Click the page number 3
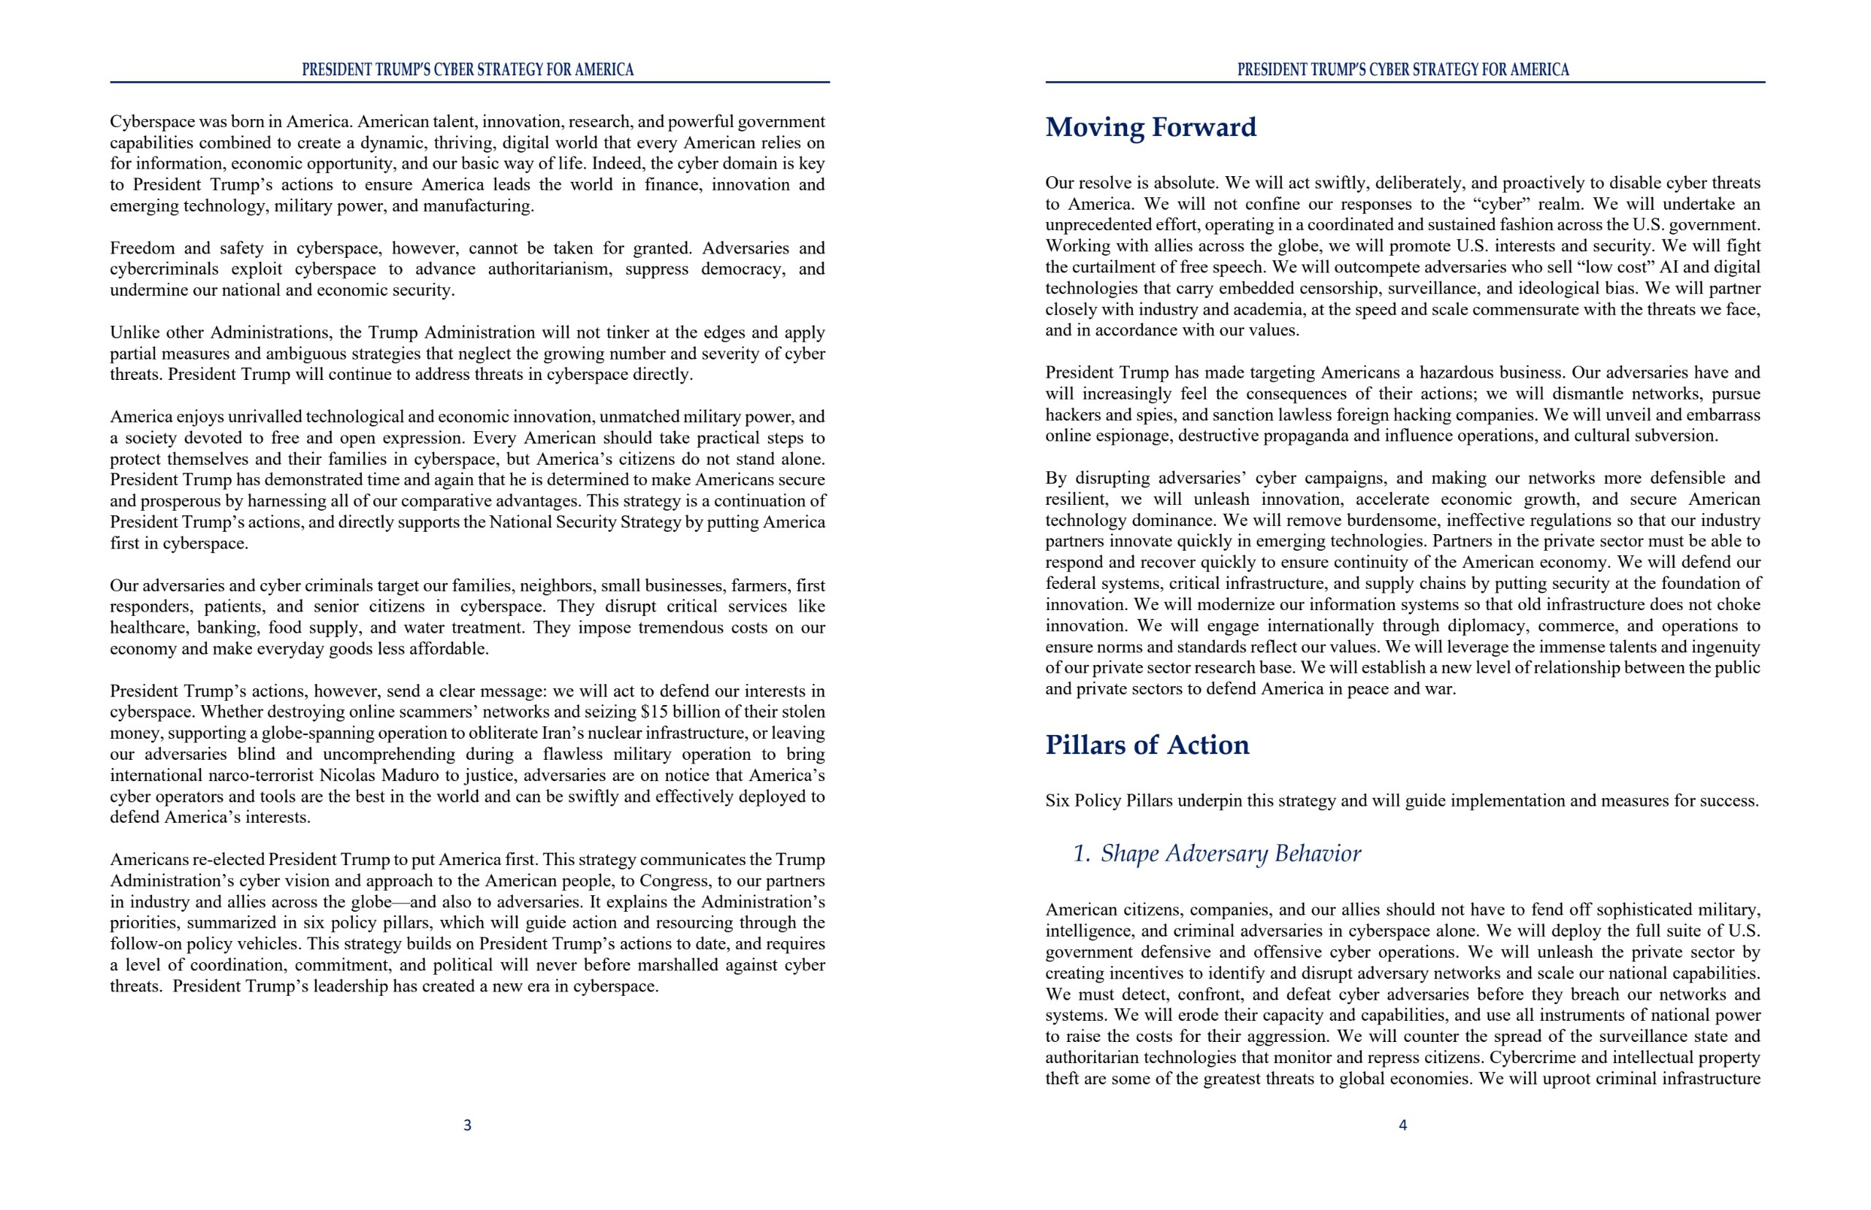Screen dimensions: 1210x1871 [468, 1125]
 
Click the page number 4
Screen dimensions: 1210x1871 [1403, 1125]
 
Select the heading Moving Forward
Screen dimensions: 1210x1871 [1150, 127]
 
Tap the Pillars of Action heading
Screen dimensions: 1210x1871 [1147, 745]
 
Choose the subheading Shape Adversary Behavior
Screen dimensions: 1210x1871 [1230, 853]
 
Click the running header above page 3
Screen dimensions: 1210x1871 [468, 70]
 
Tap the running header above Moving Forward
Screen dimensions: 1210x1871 [1403, 70]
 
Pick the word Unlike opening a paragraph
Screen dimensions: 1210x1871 [132, 332]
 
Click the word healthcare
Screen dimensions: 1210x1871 [148, 628]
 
